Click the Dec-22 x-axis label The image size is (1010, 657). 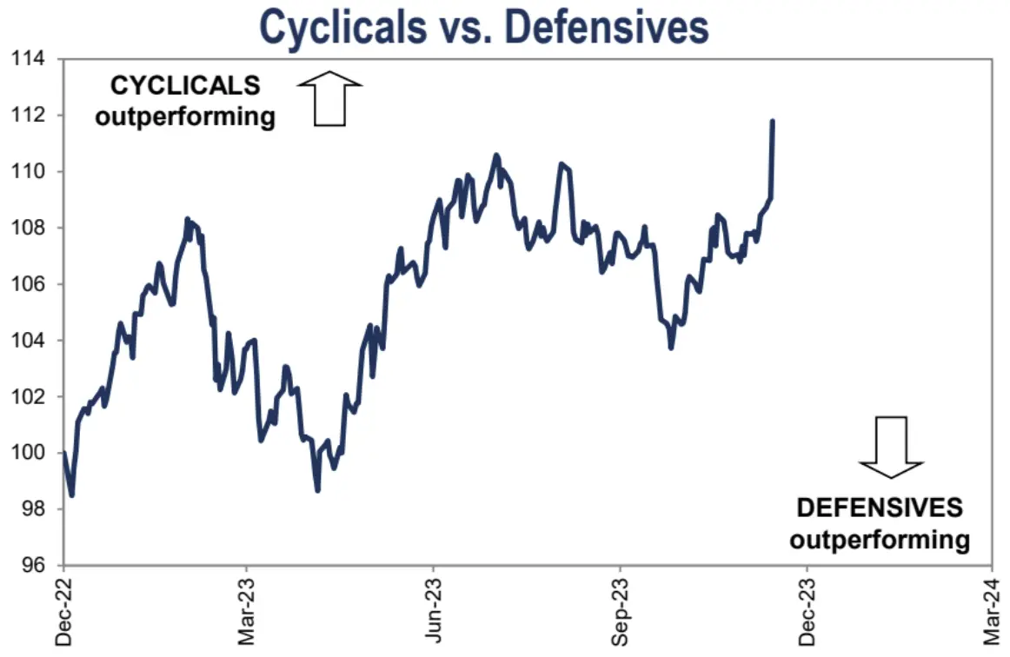(63, 613)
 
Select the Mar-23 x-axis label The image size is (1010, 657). (247, 613)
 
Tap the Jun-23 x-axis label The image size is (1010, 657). (434, 613)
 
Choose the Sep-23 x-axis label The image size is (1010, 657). (620, 613)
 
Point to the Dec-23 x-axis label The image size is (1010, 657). (806, 613)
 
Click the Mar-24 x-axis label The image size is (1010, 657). (992, 613)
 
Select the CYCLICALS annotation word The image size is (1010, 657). (185, 86)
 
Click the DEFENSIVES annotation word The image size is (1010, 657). (880, 508)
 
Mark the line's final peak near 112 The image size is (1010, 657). (773, 122)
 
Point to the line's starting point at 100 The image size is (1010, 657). (63, 452)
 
